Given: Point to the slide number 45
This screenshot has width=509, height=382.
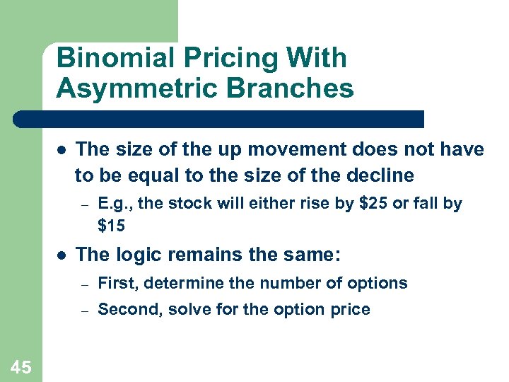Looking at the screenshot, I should (21, 366).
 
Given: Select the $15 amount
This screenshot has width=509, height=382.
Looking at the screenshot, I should (112, 226).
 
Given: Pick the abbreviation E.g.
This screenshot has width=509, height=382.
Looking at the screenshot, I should (114, 204).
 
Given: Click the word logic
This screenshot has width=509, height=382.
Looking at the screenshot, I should (134, 254).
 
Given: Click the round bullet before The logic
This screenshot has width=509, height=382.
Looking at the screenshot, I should (62, 255).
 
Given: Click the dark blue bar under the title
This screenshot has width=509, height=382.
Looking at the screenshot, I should (219, 119).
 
